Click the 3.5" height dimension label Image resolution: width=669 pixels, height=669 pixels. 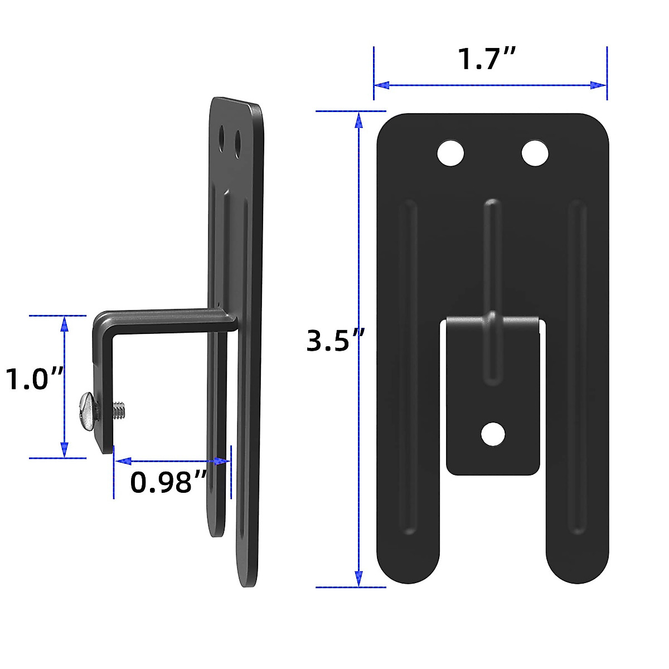point(336,341)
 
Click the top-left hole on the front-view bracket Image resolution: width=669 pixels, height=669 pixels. point(451,153)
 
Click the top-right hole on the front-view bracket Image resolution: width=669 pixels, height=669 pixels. point(535,153)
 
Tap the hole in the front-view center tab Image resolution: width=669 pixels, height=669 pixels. point(493,434)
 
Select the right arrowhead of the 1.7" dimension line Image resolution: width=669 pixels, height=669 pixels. point(599,85)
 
